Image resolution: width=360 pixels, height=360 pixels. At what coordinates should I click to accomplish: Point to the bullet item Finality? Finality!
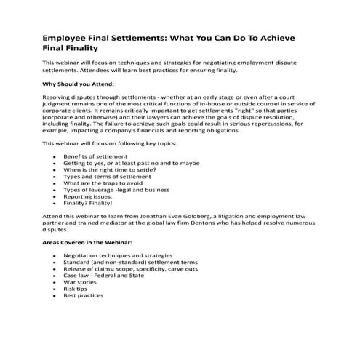(87, 204)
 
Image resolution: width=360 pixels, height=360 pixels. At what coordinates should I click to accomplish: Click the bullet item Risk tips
(76, 288)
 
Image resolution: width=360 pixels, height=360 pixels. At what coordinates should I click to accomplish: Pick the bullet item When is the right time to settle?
(108, 164)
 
